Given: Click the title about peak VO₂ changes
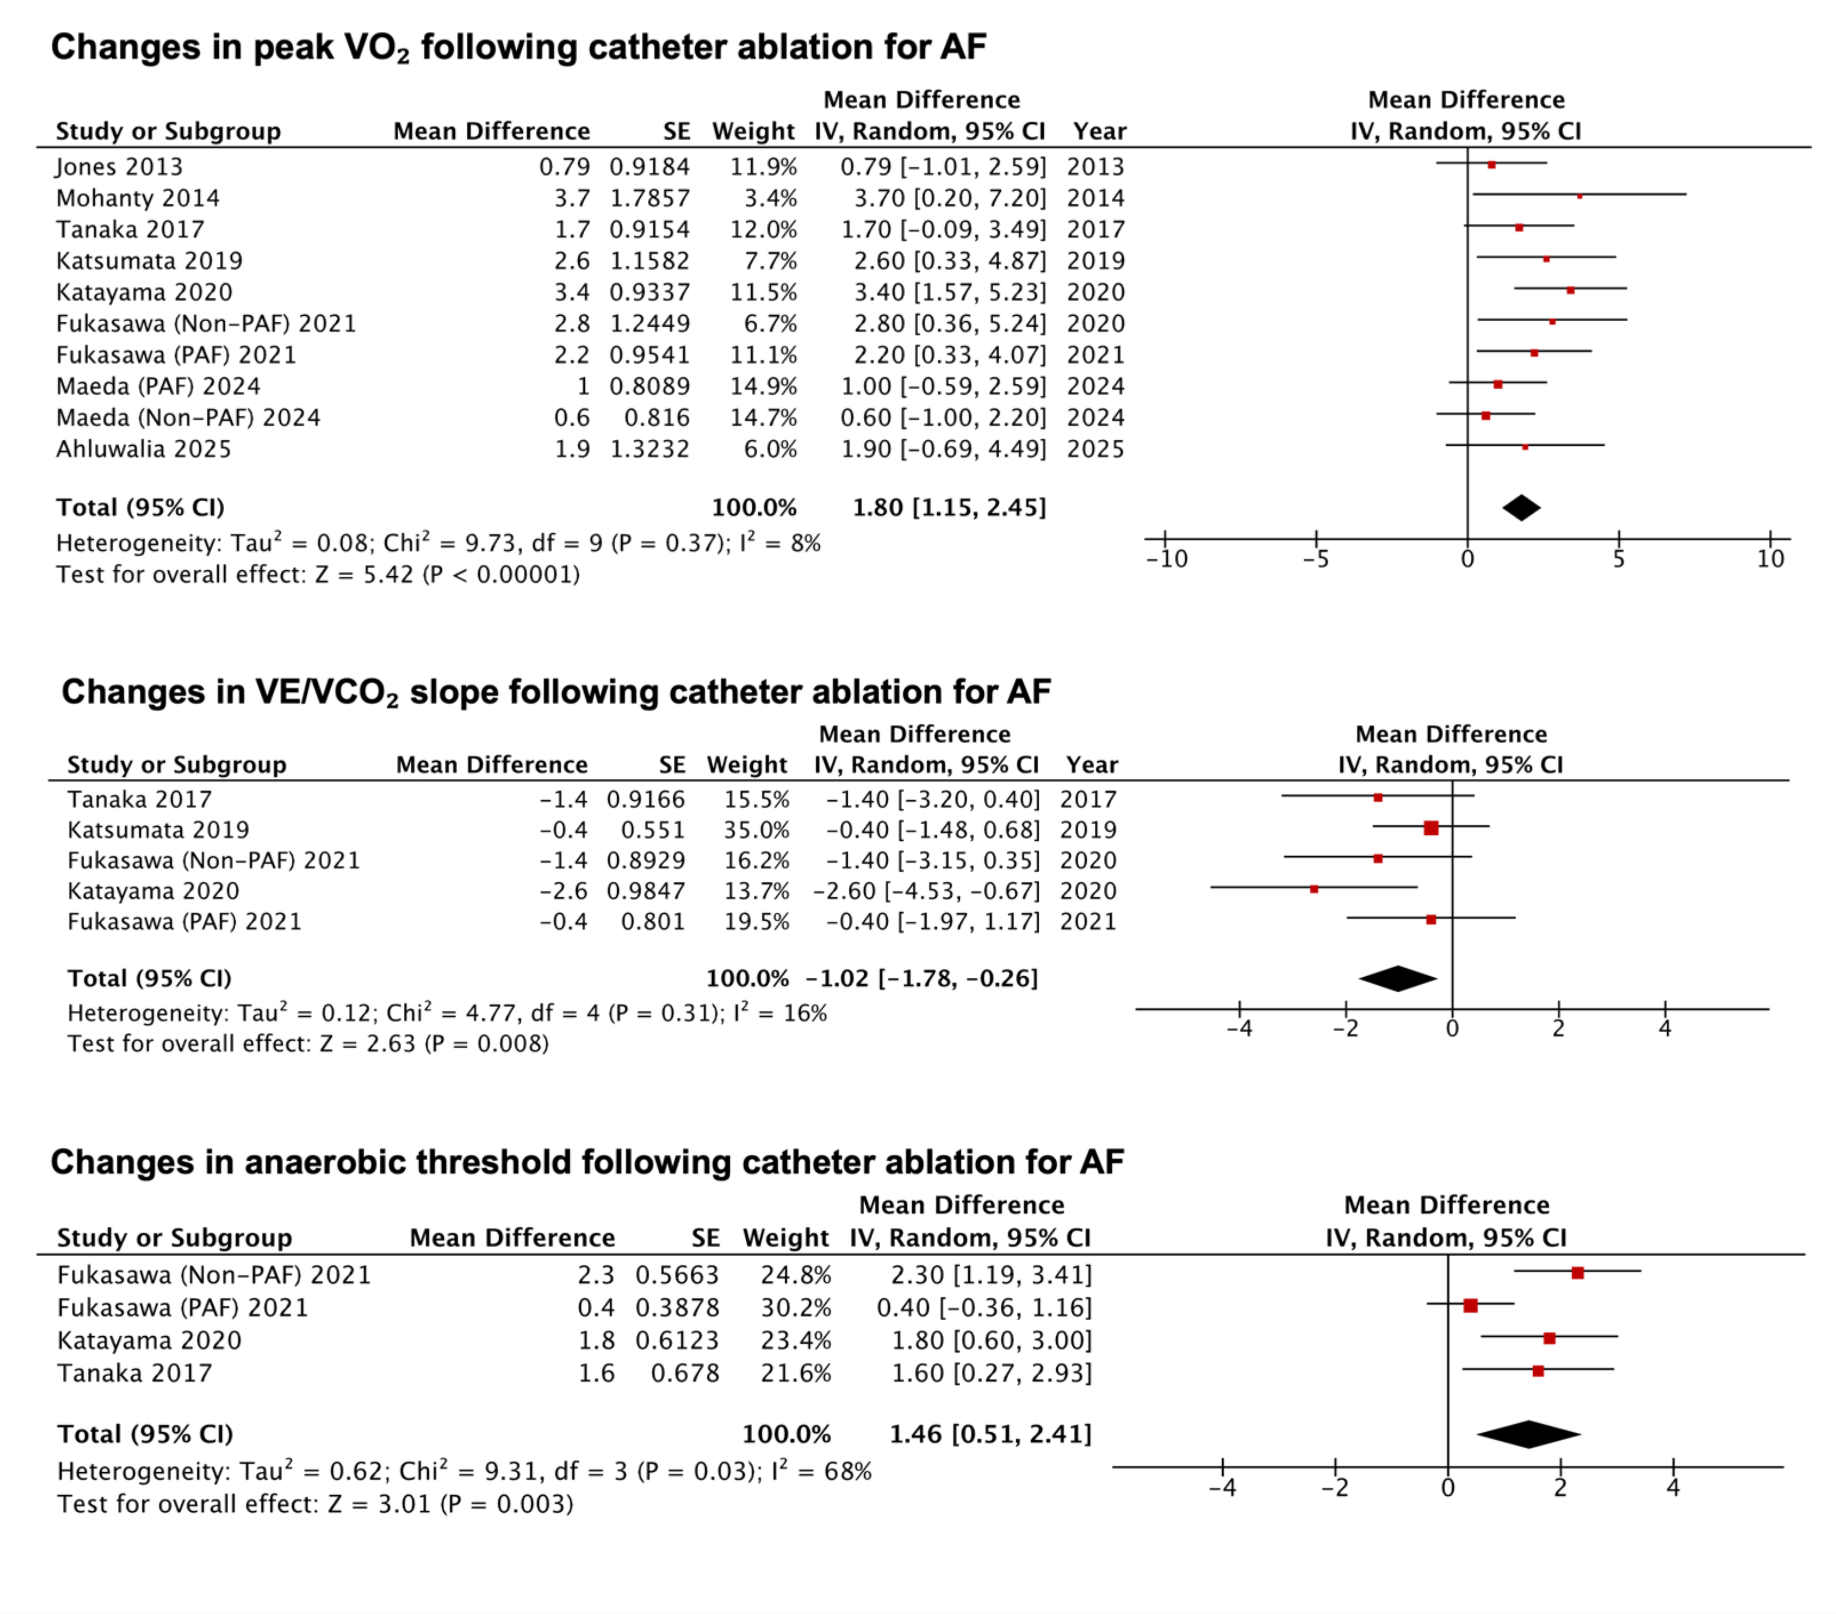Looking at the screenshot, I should tap(518, 47).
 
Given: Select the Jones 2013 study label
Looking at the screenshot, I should tap(119, 167).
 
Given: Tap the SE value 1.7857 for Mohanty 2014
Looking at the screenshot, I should tap(650, 198).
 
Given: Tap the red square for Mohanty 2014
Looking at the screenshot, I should tap(1579, 195).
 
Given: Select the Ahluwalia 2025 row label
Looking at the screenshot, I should tap(144, 449).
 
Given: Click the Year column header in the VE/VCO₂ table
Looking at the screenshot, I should tap(1091, 765).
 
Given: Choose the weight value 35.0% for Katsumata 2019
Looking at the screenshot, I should tap(756, 830).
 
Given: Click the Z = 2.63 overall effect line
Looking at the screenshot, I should tap(307, 1044).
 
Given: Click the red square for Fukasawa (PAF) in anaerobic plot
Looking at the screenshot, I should tap(1470, 1305).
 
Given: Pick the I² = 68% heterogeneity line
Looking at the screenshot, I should tap(464, 1471).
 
